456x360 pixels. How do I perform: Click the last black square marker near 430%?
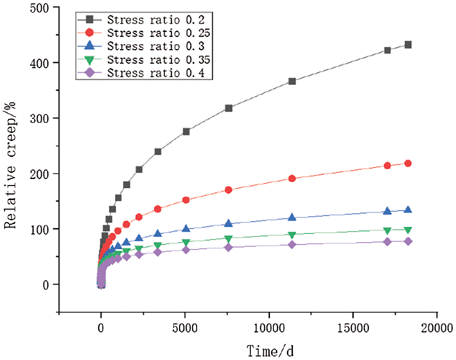(x=408, y=45)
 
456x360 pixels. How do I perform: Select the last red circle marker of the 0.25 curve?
(x=408, y=163)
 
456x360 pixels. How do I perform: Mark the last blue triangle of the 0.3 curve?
(x=408, y=210)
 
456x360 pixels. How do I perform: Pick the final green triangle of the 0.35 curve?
(x=408, y=230)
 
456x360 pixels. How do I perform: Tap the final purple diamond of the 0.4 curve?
(x=408, y=241)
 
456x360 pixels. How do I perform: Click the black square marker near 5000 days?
(x=186, y=131)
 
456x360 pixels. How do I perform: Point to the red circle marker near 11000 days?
(x=292, y=178)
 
